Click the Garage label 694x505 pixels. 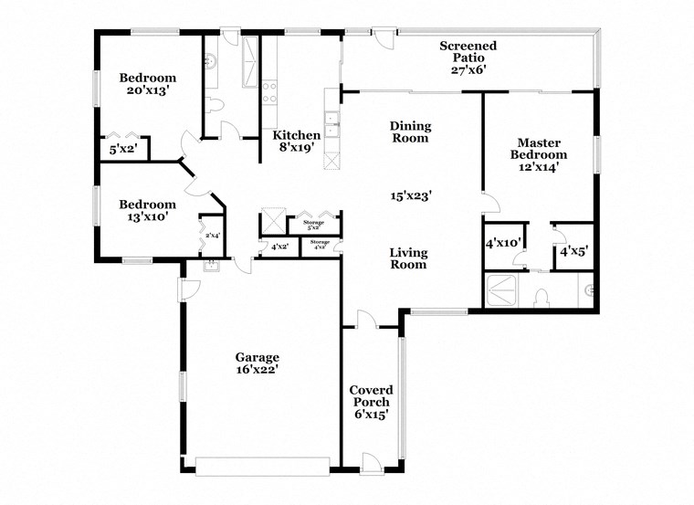tap(257, 357)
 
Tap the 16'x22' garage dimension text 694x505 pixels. tap(257, 370)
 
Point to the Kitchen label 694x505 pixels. tap(298, 135)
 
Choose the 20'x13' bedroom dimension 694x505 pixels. tap(147, 91)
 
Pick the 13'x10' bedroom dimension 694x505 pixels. tap(147, 217)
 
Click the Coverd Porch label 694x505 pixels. tap(370, 395)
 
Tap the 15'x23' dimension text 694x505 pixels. tap(411, 195)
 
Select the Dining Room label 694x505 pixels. tap(410, 132)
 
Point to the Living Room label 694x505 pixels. tap(408, 258)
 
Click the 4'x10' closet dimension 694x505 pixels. tap(503, 243)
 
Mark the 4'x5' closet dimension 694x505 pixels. tap(574, 250)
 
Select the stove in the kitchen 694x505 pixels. tap(270, 91)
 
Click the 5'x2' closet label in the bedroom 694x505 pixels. tap(122, 149)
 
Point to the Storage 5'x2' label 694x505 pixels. tap(313, 224)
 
